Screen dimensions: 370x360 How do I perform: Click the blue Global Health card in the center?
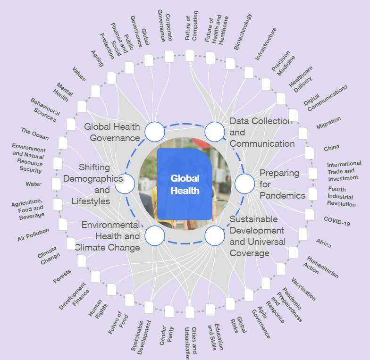click(x=185, y=184)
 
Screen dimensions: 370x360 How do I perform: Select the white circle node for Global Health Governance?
click(x=155, y=132)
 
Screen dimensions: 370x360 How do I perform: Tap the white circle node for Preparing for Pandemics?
click(x=244, y=184)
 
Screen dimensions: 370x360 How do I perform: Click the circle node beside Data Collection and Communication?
click(x=215, y=132)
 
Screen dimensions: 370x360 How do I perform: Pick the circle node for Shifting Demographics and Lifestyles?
click(x=125, y=184)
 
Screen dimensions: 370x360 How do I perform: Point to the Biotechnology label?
click(x=243, y=32)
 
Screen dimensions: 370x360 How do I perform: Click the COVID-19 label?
click(x=337, y=221)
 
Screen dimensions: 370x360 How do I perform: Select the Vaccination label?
click(x=303, y=289)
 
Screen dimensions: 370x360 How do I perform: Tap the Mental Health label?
click(x=62, y=92)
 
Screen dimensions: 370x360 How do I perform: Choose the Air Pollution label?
click(x=33, y=234)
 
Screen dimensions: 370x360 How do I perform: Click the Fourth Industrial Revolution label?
click(x=341, y=196)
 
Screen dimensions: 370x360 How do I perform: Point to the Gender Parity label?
click(x=167, y=335)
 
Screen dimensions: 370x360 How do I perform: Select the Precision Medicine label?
click(x=283, y=63)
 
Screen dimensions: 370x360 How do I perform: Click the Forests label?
click(x=62, y=276)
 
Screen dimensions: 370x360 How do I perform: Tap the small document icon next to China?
click(x=310, y=153)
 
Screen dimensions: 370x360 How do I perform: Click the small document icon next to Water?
click(x=56, y=184)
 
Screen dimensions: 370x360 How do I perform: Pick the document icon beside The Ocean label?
click(x=63, y=143)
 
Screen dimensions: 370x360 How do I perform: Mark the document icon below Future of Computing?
click(x=190, y=56)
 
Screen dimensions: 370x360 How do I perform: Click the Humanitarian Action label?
click(x=321, y=267)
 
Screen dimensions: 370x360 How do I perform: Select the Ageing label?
click(x=97, y=59)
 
